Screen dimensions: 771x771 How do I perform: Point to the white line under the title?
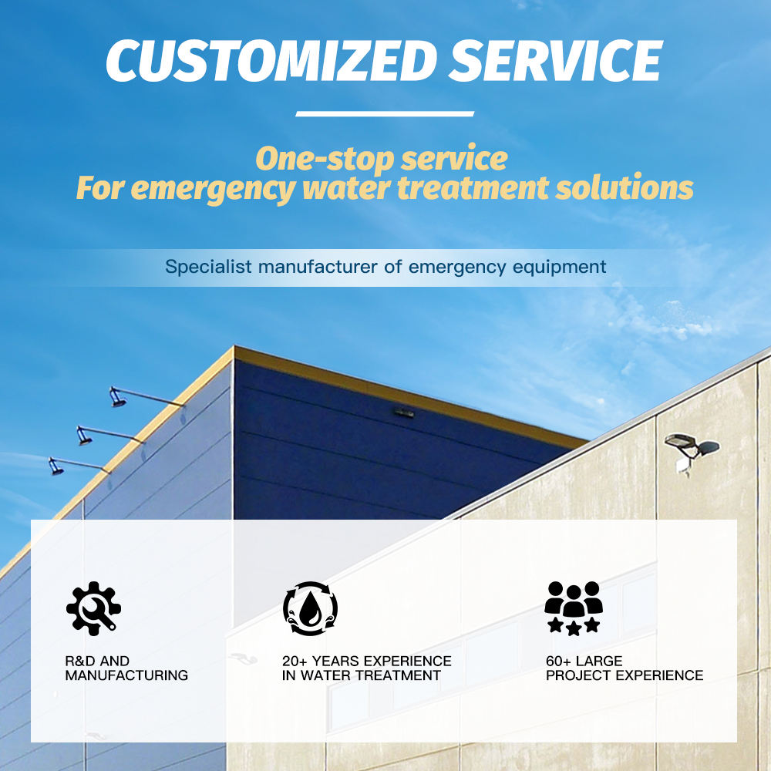click(x=385, y=113)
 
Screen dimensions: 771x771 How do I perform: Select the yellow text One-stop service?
click(x=382, y=159)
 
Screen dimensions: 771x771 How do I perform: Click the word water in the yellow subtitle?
click(x=347, y=188)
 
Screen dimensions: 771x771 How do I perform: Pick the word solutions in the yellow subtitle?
click(x=625, y=187)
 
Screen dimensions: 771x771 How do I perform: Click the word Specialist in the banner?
click(x=208, y=267)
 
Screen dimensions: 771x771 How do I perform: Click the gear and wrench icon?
click(x=93, y=608)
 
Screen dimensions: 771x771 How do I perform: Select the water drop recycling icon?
click(x=310, y=608)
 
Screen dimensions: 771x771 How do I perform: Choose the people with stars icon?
click(x=574, y=608)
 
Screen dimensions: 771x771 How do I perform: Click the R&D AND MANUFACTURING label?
click(x=126, y=668)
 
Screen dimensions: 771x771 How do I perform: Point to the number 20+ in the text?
click(x=294, y=661)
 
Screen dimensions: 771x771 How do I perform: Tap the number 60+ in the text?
click(x=558, y=661)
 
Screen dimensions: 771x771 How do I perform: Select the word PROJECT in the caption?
click(x=578, y=675)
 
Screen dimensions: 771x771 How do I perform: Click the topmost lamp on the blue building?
click(x=118, y=397)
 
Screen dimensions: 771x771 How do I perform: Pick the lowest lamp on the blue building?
click(x=56, y=466)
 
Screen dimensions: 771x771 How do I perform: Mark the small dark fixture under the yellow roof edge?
click(x=404, y=413)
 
